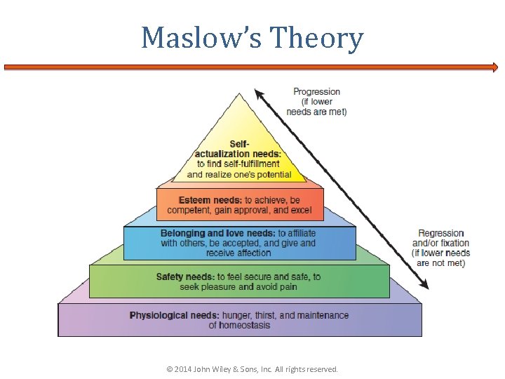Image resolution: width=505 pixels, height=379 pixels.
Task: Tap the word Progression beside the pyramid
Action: coord(316,92)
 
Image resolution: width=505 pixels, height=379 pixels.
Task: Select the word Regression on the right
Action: coord(441,234)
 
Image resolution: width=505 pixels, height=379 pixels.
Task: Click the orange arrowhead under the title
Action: coord(494,68)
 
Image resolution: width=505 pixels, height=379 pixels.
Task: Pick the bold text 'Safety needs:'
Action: coord(185,277)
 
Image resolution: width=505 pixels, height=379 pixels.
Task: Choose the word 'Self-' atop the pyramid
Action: coord(239,144)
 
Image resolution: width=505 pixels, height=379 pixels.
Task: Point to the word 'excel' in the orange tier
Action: coord(301,211)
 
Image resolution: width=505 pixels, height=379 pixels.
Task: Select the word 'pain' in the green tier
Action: coord(288,287)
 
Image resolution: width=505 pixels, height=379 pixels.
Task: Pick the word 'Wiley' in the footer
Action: coord(231,369)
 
